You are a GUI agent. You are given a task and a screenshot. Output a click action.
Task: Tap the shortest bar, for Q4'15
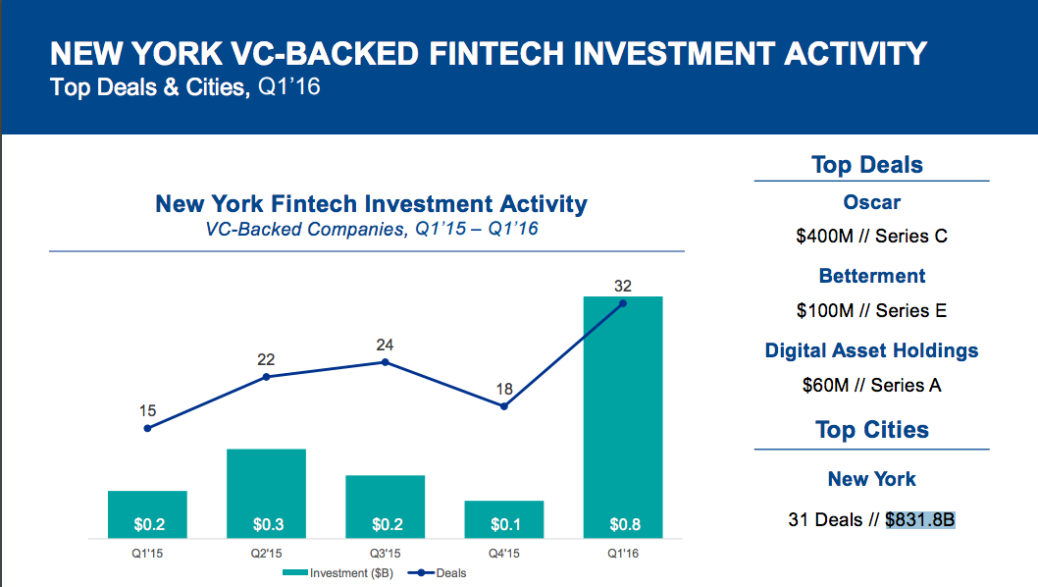click(503, 519)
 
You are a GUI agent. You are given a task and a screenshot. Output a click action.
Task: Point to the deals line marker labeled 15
click(147, 428)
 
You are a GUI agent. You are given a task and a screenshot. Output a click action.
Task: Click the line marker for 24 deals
click(385, 362)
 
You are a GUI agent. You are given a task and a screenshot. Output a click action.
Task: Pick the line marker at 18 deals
click(503, 405)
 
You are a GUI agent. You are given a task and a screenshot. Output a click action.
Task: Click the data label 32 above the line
click(623, 287)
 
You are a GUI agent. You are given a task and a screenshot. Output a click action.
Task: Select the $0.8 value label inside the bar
click(622, 524)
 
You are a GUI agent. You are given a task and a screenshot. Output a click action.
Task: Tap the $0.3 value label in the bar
click(266, 524)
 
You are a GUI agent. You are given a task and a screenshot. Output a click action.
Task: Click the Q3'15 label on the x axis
click(385, 552)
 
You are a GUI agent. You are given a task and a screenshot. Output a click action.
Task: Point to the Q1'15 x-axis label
click(147, 552)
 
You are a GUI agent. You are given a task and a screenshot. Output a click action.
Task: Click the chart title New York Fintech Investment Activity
click(371, 204)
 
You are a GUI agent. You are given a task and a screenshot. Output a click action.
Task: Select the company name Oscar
click(871, 202)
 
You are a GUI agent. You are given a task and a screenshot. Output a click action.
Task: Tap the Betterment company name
click(871, 276)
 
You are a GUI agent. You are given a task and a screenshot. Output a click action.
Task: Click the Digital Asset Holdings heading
click(871, 350)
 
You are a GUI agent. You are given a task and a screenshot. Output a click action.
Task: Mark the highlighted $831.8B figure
click(919, 519)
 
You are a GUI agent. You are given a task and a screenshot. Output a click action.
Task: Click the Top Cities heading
click(871, 430)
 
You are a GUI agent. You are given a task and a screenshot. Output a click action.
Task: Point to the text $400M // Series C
click(871, 237)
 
